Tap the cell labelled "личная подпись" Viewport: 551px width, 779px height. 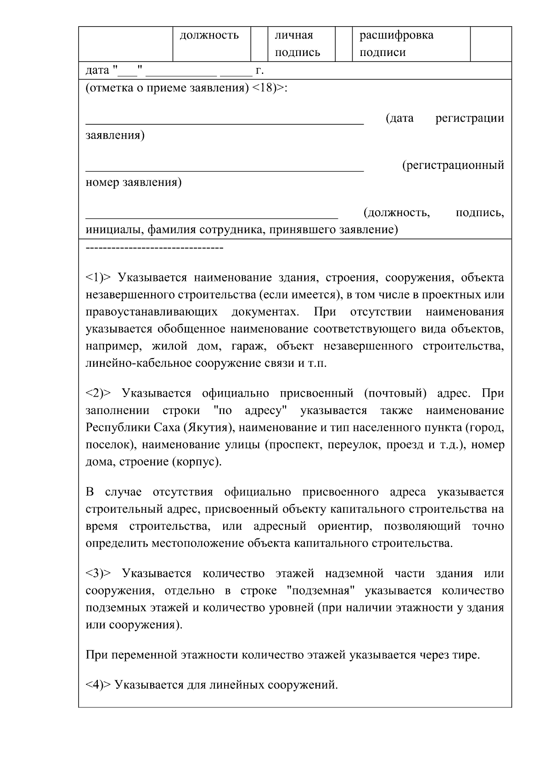pyautogui.click(x=297, y=44)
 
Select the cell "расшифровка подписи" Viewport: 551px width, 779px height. pyautogui.click(x=396, y=44)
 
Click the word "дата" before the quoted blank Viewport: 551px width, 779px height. pyautogui.click(x=97, y=70)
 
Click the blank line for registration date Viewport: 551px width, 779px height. pyautogui.click(x=225, y=122)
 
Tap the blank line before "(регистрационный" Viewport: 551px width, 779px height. pyautogui.click(x=225, y=169)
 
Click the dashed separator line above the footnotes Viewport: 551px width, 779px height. pyautogui.click(x=154, y=248)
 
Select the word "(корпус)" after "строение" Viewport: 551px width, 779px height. pyautogui.click(x=197, y=462)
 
